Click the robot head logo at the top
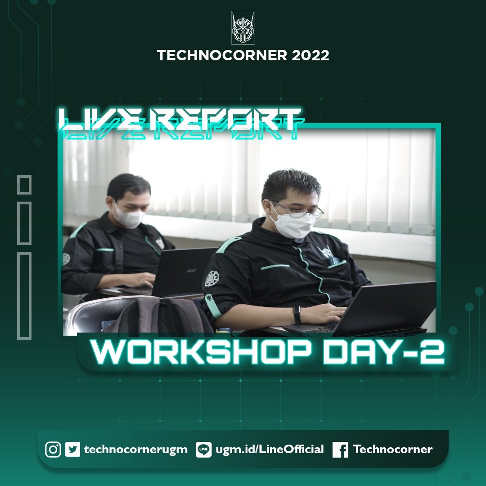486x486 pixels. pyautogui.click(x=243, y=28)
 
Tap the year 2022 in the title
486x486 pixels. pyautogui.click(x=310, y=55)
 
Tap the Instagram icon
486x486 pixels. pyautogui.click(x=53, y=450)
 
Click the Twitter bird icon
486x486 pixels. pyautogui.click(x=72, y=450)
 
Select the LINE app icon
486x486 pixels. pyautogui.click(x=203, y=450)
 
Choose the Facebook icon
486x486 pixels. pyautogui.click(x=341, y=450)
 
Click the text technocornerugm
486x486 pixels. pyautogui.click(x=135, y=450)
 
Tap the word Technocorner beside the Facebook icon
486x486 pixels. pyautogui.click(x=392, y=450)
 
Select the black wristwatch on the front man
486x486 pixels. pyautogui.click(x=297, y=314)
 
